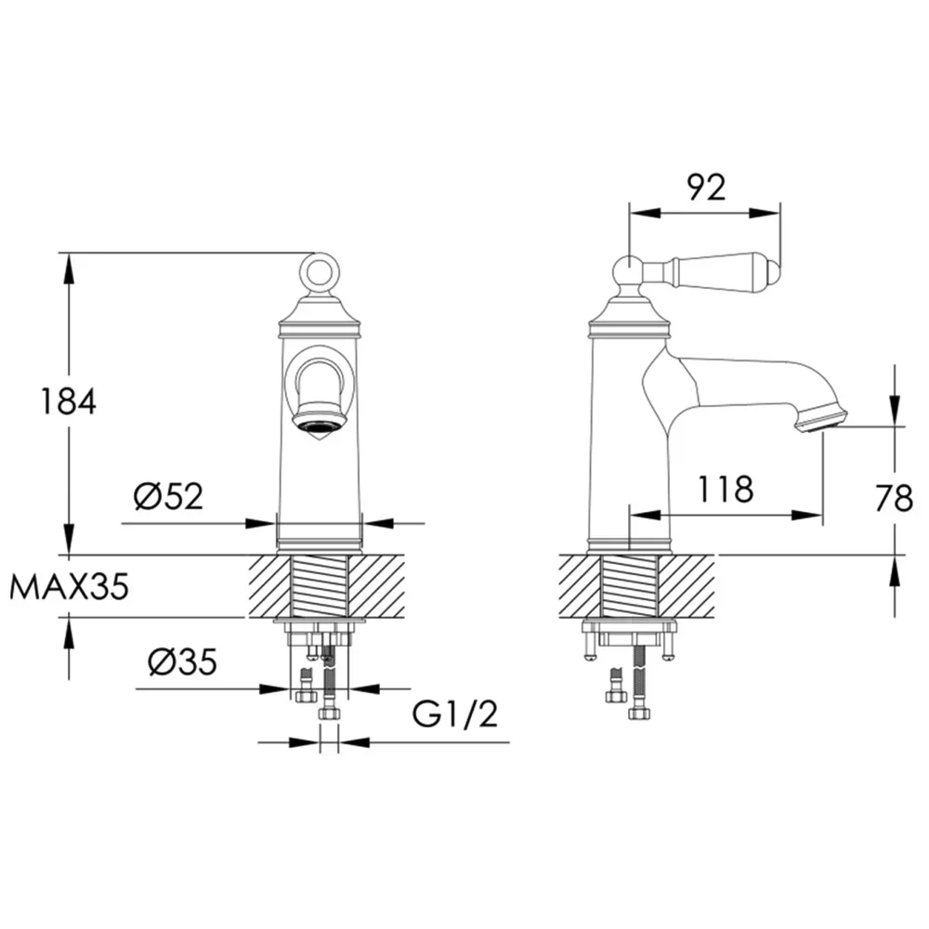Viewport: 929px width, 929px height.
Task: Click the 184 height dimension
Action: pyautogui.click(x=68, y=401)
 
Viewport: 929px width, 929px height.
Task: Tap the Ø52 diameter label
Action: pyautogui.click(x=169, y=496)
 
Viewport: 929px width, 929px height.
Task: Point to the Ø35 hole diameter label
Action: pyautogui.click(x=182, y=661)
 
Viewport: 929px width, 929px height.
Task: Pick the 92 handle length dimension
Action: pyautogui.click(x=706, y=188)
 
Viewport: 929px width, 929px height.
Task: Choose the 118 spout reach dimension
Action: pyautogui.click(x=726, y=490)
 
